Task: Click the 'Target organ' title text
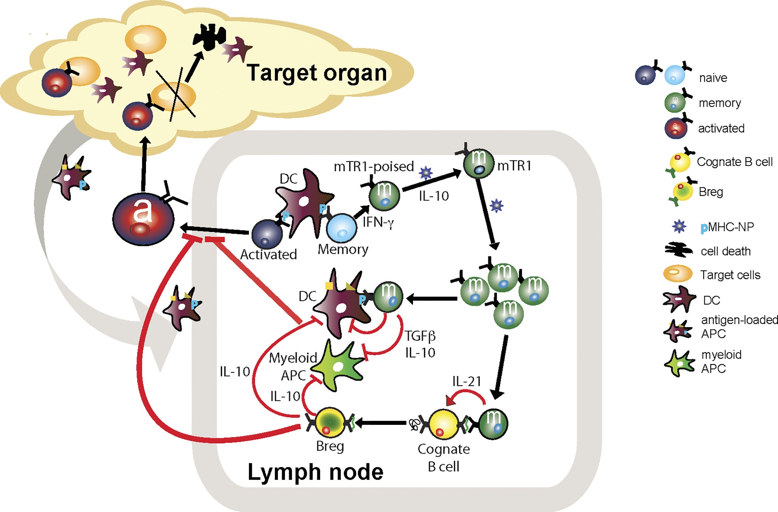[317, 73]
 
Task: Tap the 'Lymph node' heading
[315, 472]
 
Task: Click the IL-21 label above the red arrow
[466, 381]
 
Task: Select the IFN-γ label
[378, 222]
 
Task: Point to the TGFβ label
[420, 336]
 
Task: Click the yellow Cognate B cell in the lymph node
[443, 425]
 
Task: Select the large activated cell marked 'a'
[143, 219]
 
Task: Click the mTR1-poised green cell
[385, 195]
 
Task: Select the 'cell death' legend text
[725, 251]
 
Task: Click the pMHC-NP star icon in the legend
[679, 226]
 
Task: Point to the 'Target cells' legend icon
[678, 274]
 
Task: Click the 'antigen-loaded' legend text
[739, 320]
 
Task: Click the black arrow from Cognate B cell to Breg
[382, 423]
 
